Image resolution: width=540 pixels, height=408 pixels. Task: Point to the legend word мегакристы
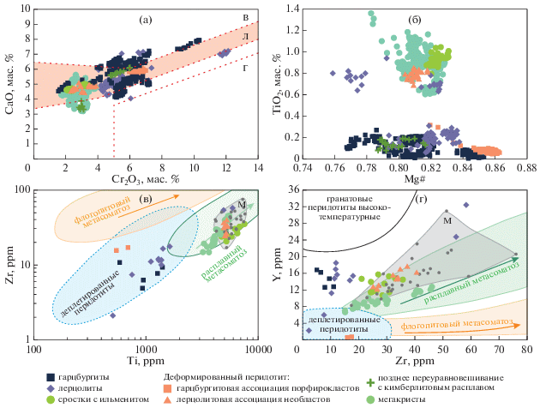click(x=395, y=399)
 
